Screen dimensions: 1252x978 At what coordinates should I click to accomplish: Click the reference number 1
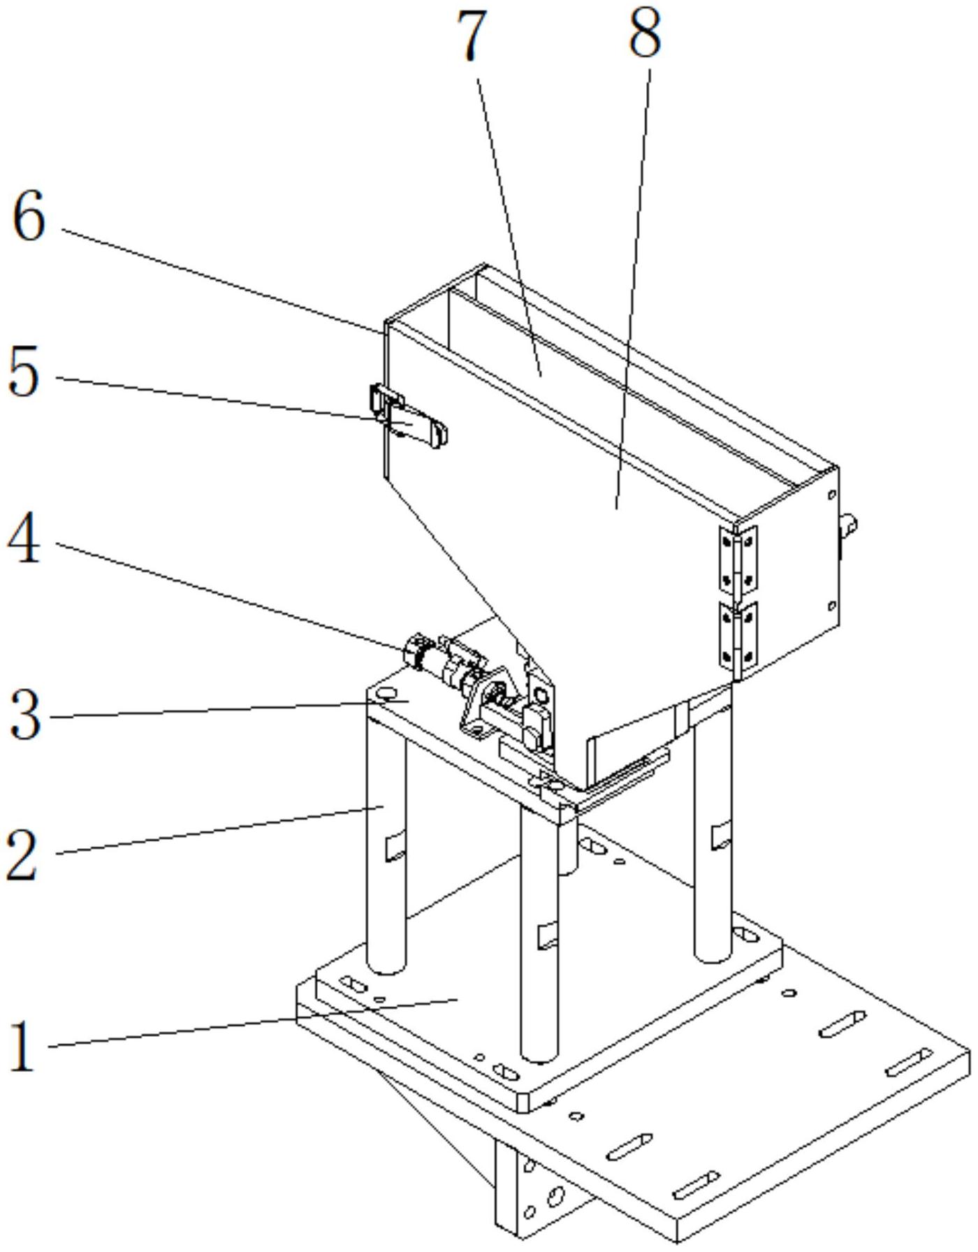(x=24, y=1045)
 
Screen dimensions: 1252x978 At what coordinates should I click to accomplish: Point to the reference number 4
(x=24, y=542)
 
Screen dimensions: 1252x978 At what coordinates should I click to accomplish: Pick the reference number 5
(x=24, y=374)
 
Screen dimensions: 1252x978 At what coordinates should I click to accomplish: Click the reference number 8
(x=644, y=35)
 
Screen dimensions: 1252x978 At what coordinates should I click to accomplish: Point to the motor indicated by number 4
(x=447, y=661)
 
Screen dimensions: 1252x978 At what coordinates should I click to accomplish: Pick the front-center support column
(x=539, y=936)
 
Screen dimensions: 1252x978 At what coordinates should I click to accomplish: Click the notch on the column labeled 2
(x=395, y=846)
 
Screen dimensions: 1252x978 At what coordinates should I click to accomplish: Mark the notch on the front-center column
(x=548, y=936)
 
